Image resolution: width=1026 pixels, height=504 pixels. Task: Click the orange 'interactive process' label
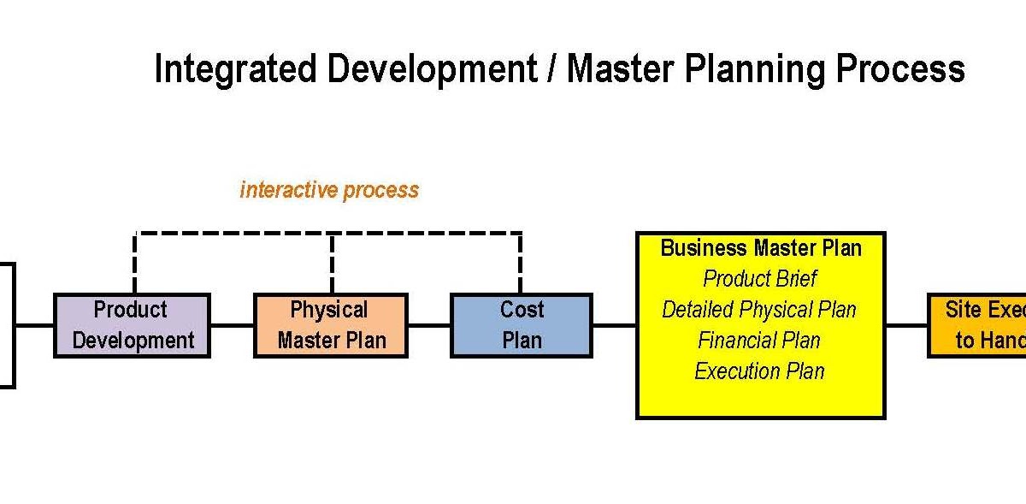pyautogui.click(x=329, y=189)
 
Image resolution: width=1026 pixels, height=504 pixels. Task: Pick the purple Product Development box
pyautogui.click(x=132, y=325)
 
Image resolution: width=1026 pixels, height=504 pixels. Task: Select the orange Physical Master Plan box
pyautogui.click(x=331, y=325)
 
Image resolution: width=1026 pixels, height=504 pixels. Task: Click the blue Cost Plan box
pyautogui.click(x=521, y=325)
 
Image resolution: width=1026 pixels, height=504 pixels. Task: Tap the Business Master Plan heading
pyautogui.click(x=760, y=248)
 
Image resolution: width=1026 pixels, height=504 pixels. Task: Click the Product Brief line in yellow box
pyautogui.click(x=760, y=279)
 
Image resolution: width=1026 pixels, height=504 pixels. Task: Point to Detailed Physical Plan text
pyautogui.click(x=760, y=310)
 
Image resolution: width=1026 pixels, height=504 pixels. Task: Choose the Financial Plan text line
pyautogui.click(x=760, y=341)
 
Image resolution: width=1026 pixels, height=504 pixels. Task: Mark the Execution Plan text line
pyautogui.click(x=760, y=371)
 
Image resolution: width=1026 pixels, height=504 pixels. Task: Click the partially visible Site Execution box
pyautogui.click(x=978, y=325)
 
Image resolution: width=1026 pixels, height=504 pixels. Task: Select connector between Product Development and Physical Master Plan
pyautogui.click(x=232, y=325)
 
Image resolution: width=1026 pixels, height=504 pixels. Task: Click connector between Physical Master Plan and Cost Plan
pyautogui.click(x=429, y=325)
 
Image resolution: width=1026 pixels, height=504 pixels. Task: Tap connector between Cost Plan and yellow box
pyautogui.click(x=614, y=325)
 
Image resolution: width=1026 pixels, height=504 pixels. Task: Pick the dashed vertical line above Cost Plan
pyautogui.click(x=521, y=263)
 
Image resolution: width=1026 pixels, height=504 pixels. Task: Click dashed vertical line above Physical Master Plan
pyautogui.click(x=332, y=263)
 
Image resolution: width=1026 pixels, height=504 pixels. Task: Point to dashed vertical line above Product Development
pyautogui.click(x=135, y=263)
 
